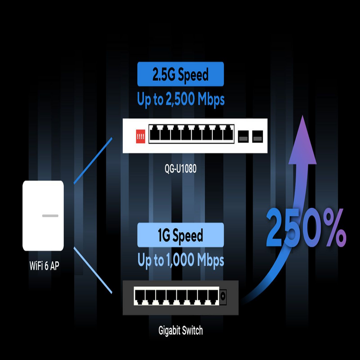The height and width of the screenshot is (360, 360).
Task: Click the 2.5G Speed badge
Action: click(x=180, y=74)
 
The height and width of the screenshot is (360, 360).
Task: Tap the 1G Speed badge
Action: click(x=180, y=235)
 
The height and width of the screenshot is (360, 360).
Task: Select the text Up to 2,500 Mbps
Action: click(x=180, y=99)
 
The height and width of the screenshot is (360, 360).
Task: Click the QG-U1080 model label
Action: click(x=180, y=168)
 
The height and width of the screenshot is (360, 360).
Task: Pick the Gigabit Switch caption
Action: click(x=180, y=330)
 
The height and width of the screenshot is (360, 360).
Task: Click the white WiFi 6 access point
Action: click(x=43, y=216)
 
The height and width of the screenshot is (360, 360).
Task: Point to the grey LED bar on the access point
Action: click(x=50, y=216)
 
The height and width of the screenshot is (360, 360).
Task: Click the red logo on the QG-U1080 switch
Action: click(x=139, y=136)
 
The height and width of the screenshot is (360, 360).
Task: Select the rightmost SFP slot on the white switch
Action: click(x=257, y=136)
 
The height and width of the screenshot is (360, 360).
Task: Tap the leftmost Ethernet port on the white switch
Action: click(x=156, y=135)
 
